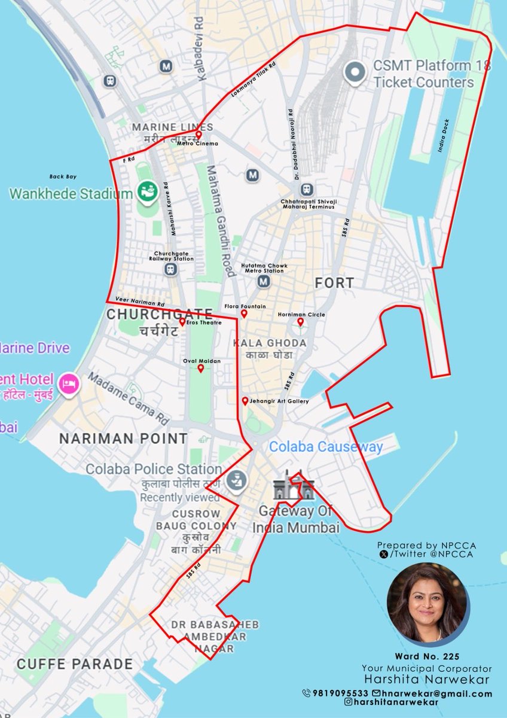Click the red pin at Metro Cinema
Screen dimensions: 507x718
point(198,135)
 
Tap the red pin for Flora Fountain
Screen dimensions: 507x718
point(244,314)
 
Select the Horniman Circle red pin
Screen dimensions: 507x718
point(301,322)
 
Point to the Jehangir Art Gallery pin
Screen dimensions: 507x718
point(245,401)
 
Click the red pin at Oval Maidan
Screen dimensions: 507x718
point(201,368)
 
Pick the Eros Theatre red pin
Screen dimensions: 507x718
point(182,322)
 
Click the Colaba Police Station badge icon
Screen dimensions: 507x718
point(236,479)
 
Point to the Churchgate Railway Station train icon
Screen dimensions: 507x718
point(172,269)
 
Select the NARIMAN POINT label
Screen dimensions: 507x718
point(123,439)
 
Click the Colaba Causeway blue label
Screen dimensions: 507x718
point(325,446)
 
